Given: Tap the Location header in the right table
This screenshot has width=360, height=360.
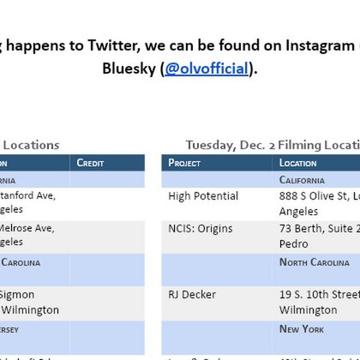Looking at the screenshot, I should pos(297,163).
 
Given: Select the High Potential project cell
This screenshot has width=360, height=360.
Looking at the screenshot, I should pos(204,196).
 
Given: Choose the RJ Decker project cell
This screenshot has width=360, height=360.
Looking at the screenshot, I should pos(193,293).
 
